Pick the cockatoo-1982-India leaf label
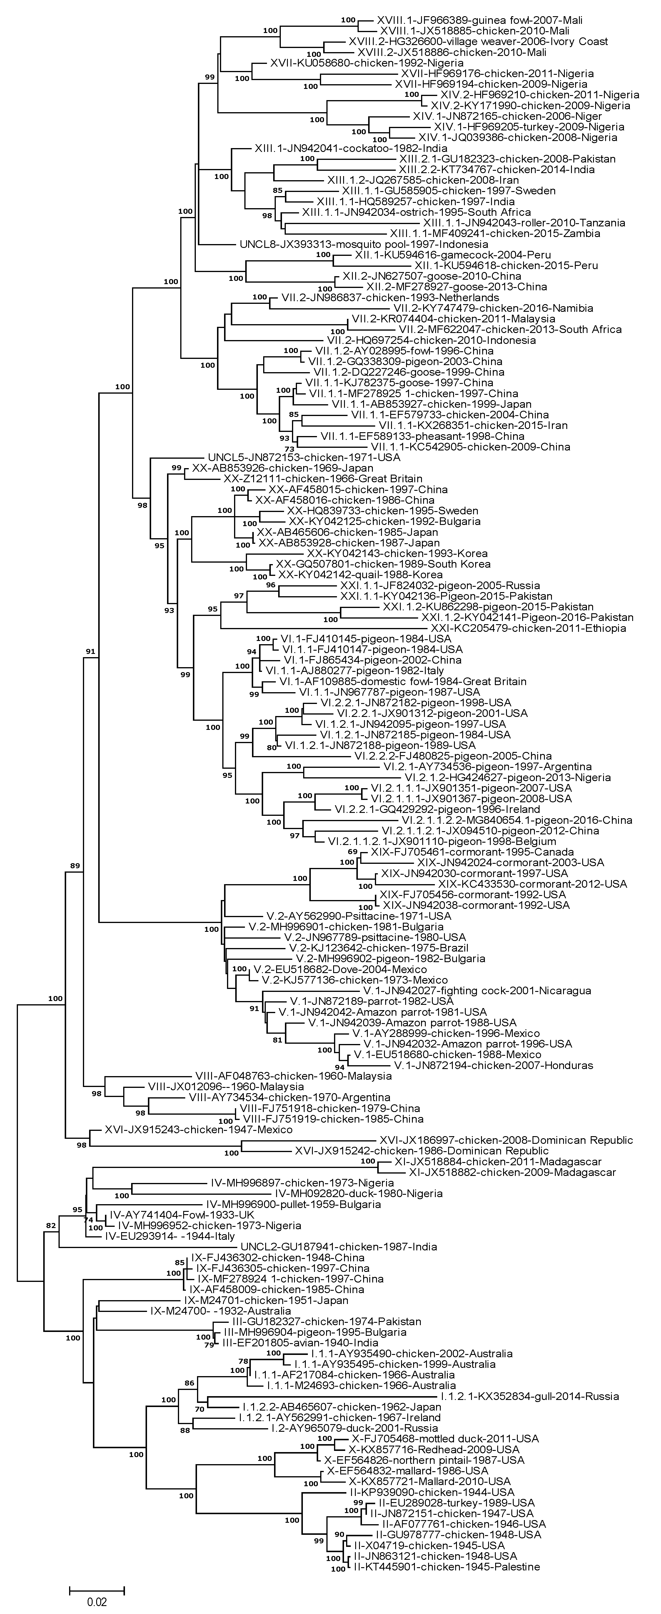click(350, 148)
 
